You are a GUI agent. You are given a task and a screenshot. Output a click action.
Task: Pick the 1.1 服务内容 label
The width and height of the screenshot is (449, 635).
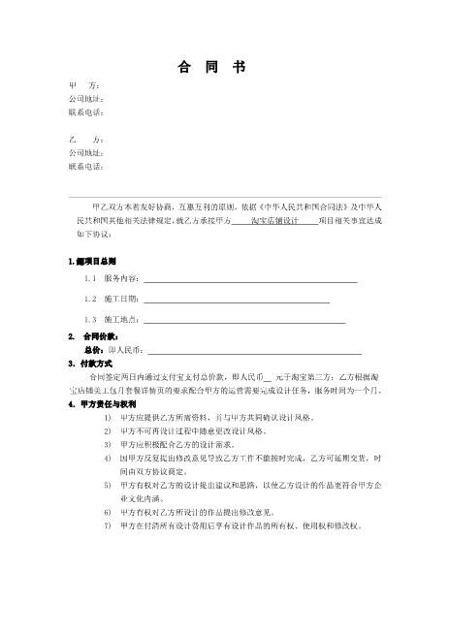114,279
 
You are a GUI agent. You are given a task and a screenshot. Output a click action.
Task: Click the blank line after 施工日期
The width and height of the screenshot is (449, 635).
236,300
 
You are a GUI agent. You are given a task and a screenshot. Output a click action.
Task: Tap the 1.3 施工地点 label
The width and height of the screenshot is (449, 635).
114,319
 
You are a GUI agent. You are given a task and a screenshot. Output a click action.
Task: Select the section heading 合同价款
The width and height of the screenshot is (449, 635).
102,335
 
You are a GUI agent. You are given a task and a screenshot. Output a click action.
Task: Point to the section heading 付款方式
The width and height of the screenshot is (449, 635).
102,364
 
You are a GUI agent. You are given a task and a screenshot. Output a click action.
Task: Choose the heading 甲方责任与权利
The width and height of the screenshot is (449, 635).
109,403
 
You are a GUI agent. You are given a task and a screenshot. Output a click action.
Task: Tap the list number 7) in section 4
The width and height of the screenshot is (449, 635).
107,525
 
